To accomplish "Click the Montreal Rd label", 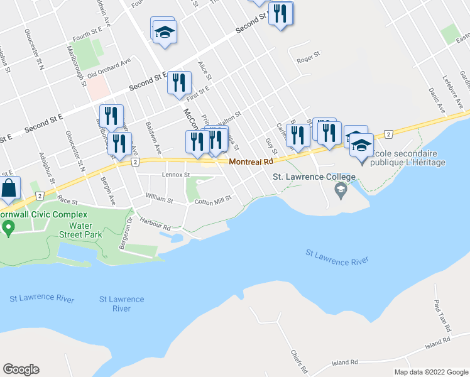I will coord(251,161).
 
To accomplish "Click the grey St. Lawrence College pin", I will coord(341,190).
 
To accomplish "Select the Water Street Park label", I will coord(85,230).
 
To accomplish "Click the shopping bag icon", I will coord(9,188).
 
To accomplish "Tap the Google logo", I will coord(21,369).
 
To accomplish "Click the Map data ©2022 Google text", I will coord(431,372).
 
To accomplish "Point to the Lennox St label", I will coord(175,175).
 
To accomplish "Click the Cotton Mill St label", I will coord(213,201).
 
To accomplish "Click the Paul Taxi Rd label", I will coord(443,316).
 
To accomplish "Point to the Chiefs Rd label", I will coord(297,359).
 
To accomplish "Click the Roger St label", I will coord(308,61).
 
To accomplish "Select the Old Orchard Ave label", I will coord(109,68).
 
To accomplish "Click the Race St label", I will coord(66,200).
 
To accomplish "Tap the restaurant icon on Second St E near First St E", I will coord(179,83).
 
